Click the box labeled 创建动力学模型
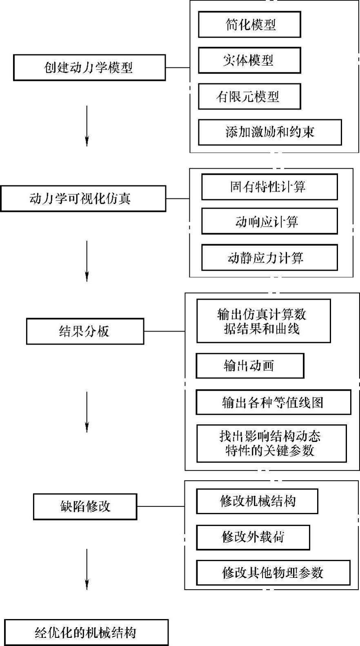pos(89,67)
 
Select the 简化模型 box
pos(249,25)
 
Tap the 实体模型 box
pos(249,60)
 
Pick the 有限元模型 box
pos(249,96)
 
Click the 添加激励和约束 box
pos(270,132)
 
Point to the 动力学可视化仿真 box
pos(83,199)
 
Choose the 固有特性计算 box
pos(269,187)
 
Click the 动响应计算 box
pos(269,221)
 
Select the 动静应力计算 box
pos(269,258)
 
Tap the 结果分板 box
pos(85,331)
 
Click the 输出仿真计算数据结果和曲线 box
pos(263,321)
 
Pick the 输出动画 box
pos(250,366)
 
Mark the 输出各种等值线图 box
pos(273,403)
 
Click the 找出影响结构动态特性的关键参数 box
pos(271,443)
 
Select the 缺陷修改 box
pos(85,507)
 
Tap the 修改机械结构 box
pos(257,501)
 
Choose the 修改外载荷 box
pos(253,537)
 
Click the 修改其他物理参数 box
pos(273,572)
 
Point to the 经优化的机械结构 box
pos(86,633)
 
